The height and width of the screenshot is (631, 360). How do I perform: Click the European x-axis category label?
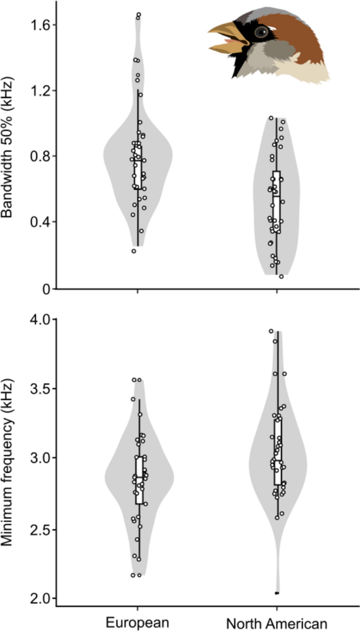[x=138, y=623]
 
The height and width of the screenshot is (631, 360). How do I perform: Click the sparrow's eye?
[x=261, y=32]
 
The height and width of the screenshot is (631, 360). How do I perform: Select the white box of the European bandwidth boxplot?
[x=138, y=166]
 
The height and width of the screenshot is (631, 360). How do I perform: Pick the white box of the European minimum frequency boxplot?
[x=139, y=480]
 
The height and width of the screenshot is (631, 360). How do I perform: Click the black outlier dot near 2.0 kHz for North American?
[x=277, y=593]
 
